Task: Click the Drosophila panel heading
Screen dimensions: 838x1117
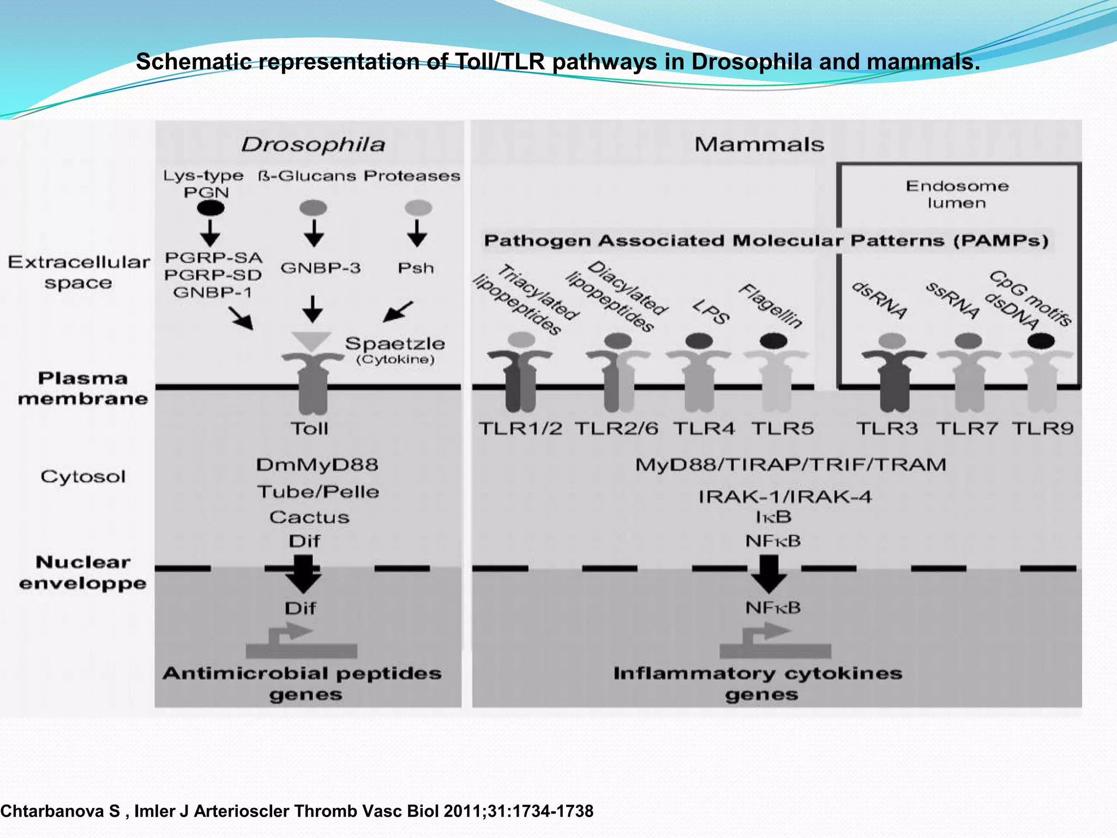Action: click(313, 145)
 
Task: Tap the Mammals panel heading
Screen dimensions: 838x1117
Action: click(759, 145)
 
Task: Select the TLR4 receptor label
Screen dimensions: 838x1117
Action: click(704, 428)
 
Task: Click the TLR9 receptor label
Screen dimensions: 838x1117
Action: click(1042, 428)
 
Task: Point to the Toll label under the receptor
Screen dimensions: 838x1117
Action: click(309, 428)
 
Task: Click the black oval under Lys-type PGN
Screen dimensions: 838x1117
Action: click(210, 208)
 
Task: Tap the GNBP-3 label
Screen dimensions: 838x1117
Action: click(320, 268)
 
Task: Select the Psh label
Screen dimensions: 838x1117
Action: click(416, 268)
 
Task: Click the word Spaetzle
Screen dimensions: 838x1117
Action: click(395, 344)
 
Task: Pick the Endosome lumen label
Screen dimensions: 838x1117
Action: click(957, 194)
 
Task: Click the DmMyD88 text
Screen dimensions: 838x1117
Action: click(317, 465)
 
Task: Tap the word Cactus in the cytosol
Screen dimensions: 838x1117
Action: click(309, 517)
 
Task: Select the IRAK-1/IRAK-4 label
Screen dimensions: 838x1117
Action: click(785, 496)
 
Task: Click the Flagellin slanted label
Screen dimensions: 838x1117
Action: click(771, 306)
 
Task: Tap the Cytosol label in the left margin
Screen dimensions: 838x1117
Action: click(83, 476)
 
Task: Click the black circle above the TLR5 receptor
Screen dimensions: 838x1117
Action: click(773, 342)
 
